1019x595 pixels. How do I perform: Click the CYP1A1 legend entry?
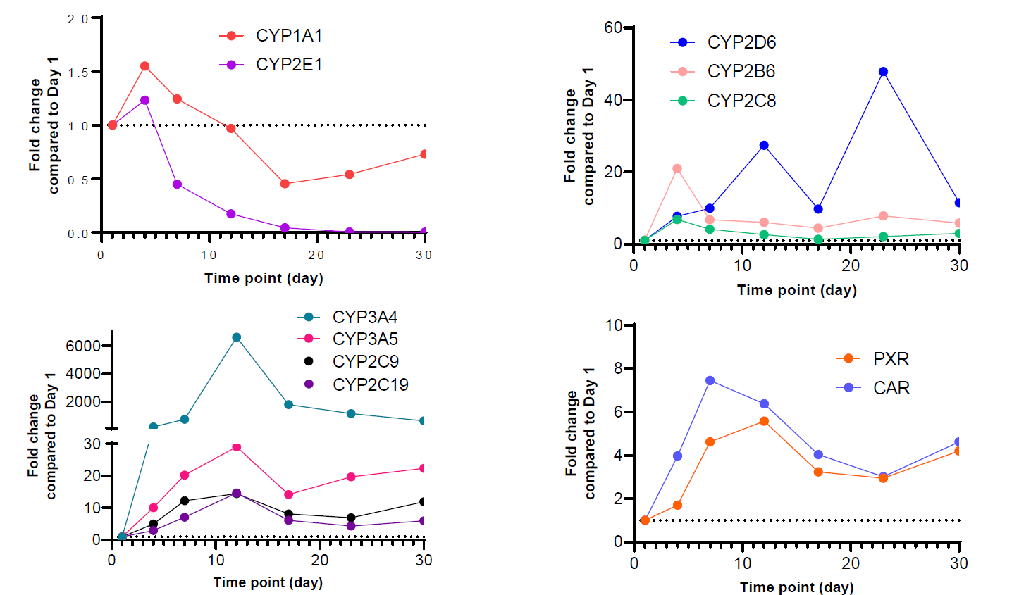288,36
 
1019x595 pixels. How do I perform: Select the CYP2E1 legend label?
289,65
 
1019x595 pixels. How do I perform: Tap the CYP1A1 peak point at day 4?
144,66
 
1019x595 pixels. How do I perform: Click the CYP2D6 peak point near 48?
883,72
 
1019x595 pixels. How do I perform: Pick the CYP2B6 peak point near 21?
677,169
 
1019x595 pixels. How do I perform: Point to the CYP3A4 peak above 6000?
237,337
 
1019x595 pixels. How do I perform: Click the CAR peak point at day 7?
710,381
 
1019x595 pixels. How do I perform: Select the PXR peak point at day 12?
764,421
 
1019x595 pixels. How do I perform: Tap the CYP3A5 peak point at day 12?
237,447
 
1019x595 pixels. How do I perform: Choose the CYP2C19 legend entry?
370,384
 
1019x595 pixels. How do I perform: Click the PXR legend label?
891,359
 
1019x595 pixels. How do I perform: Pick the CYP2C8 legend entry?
741,101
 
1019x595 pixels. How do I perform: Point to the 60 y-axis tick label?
613,28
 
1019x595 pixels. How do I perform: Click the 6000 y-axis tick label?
83,346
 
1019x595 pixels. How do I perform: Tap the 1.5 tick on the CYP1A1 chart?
78,73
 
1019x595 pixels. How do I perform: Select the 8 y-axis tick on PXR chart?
618,368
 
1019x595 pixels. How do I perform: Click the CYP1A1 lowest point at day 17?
285,184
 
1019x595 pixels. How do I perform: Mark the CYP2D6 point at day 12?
764,146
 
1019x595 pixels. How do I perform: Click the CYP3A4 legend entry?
364,318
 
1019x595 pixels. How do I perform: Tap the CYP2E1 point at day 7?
177,184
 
